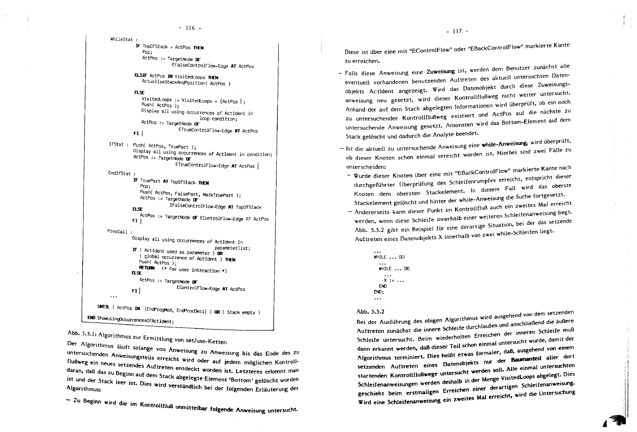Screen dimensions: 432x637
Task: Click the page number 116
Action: click(190, 28)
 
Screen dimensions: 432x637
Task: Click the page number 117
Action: click(457, 31)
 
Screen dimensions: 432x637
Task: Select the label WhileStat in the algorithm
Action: click(122, 39)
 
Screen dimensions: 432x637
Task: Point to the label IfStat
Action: click(116, 144)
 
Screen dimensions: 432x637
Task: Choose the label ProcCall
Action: click(117, 231)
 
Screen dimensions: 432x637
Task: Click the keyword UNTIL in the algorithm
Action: click(104, 307)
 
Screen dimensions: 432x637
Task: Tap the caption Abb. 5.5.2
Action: click(370, 311)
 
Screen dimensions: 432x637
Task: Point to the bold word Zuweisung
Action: click(440, 72)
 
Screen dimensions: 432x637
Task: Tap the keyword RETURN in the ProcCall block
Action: click(147, 268)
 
